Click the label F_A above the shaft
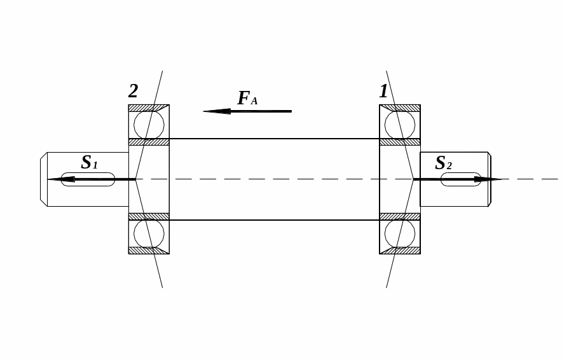[x=247, y=99]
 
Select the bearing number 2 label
[x=133, y=92]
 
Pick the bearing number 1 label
[x=383, y=92]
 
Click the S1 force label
[x=89, y=163]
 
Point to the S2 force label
[x=443, y=163]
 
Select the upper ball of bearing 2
[x=149, y=125]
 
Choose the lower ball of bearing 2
[x=149, y=233]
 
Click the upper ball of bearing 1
[x=400, y=125]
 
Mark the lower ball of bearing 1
[x=400, y=233]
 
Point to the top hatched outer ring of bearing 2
[x=149, y=107]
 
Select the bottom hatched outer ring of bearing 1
[x=400, y=251]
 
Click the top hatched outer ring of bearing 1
[x=400, y=107]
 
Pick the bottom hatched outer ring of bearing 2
[x=149, y=251]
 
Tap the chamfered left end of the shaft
[x=43, y=179]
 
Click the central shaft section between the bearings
[x=274, y=159]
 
